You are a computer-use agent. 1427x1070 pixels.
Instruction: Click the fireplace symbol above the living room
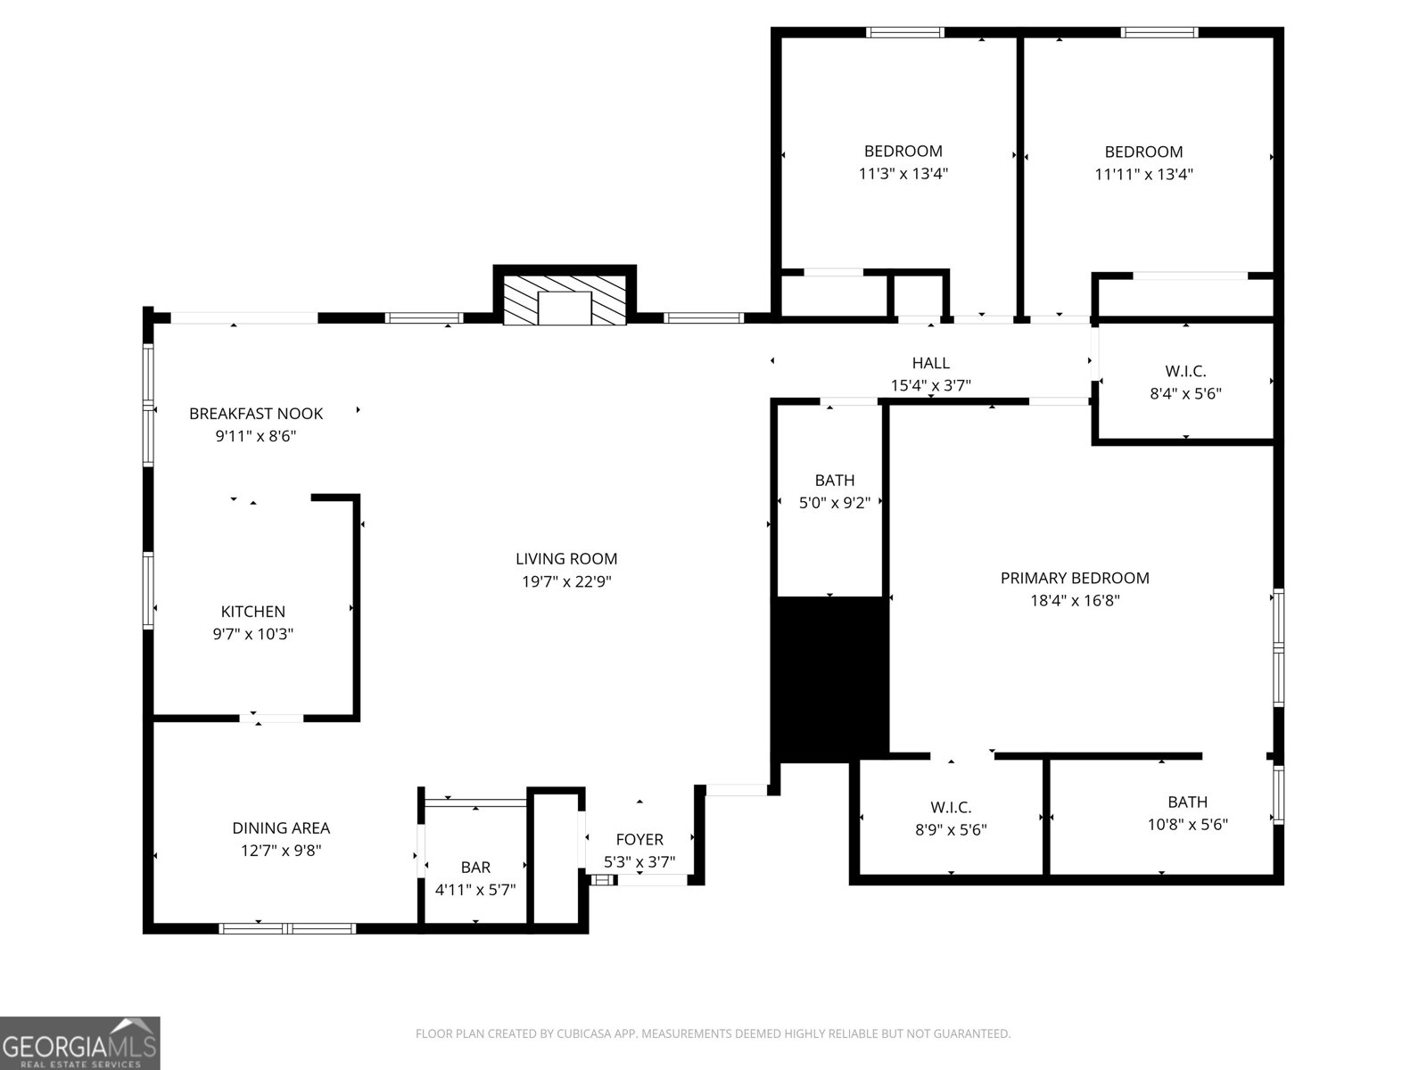(565, 300)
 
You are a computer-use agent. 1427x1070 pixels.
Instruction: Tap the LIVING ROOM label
(566, 559)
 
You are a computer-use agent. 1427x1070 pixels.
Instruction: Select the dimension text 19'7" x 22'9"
(566, 582)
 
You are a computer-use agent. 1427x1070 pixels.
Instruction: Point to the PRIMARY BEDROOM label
(1075, 578)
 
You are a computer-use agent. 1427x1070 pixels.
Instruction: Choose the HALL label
(930, 363)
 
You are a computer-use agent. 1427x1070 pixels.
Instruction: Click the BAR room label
(475, 867)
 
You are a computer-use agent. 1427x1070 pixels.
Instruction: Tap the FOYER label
(639, 840)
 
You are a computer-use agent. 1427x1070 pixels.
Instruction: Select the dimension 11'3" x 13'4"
(903, 174)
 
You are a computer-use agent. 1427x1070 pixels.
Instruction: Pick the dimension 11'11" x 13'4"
(1143, 175)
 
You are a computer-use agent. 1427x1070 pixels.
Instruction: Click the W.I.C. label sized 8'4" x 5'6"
(1185, 371)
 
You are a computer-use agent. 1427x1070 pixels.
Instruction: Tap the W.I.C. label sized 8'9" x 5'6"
(951, 807)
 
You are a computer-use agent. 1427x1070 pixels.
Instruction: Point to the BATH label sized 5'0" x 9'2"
(834, 481)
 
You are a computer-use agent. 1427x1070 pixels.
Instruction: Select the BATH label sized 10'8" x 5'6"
(1187, 802)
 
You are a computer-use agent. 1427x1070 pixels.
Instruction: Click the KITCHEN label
(253, 612)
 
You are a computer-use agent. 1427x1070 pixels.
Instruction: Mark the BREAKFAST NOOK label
(256, 414)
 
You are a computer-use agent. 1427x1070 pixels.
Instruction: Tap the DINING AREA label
(281, 828)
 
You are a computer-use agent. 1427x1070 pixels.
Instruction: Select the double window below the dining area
(287, 928)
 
